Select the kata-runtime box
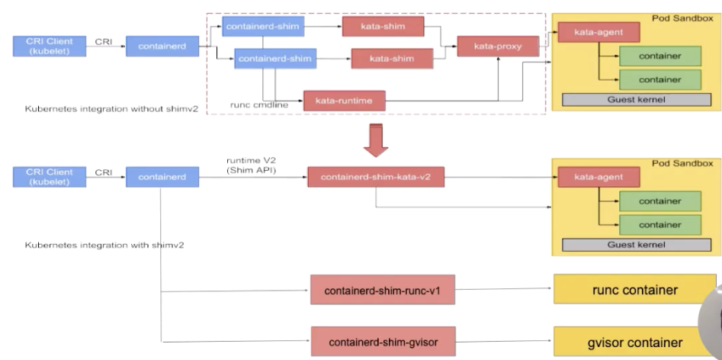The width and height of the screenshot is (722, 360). click(x=343, y=99)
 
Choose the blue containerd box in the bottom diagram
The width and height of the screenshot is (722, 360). click(x=160, y=178)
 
